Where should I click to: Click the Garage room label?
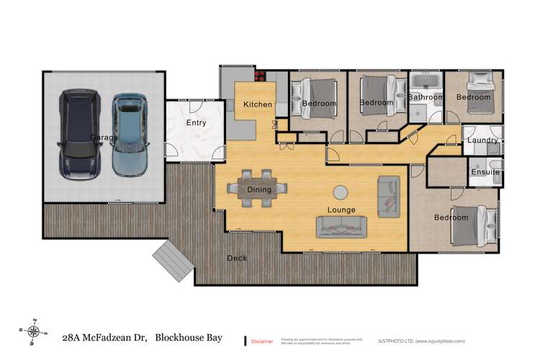(x=104, y=137)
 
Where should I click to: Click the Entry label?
(x=196, y=123)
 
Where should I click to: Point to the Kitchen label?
(x=258, y=104)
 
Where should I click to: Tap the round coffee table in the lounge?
(x=340, y=192)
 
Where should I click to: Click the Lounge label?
(x=341, y=211)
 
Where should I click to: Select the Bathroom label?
(x=426, y=97)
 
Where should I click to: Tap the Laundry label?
(x=482, y=140)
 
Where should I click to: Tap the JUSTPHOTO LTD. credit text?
(x=426, y=341)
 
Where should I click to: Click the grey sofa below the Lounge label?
(x=341, y=227)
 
